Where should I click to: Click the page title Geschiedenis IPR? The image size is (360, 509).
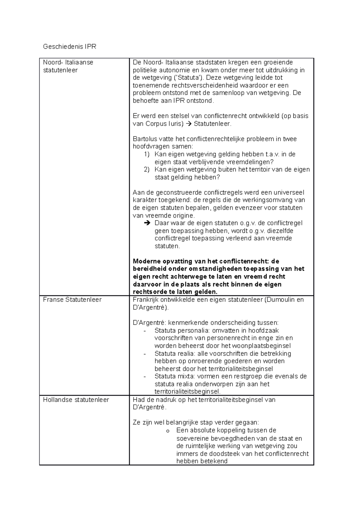click(x=69, y=46)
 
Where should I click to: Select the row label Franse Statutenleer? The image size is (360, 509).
click(x=72, y=299)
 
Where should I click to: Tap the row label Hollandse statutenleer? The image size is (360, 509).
click(x=76, y=400)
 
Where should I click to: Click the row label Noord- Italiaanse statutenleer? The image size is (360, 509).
click(x=68, y=66)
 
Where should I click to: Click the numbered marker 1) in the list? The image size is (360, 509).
click(x=146, y=154)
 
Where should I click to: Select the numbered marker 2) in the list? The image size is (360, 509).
click(x=146, y=170)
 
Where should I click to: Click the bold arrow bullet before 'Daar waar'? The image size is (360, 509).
click(x=146, y=223)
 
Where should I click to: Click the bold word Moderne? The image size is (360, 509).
click(x=146, y=261)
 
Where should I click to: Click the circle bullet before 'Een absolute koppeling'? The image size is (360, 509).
click(x=168, y=431)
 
